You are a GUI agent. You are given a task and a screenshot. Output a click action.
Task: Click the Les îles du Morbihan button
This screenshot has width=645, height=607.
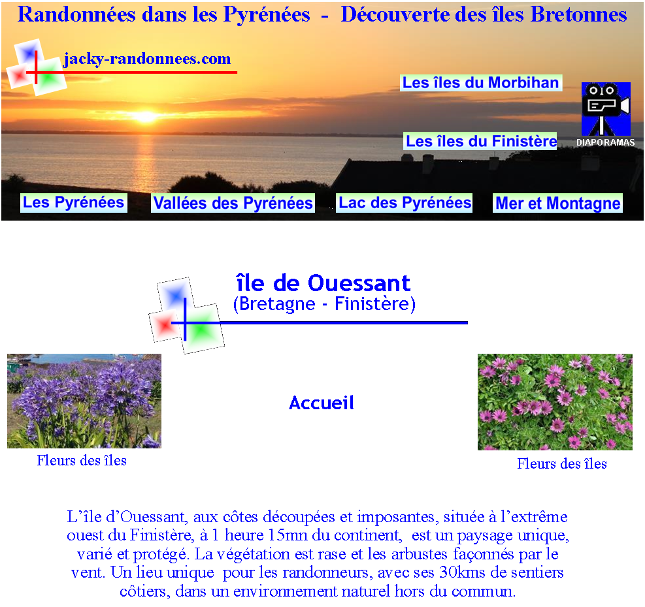481,83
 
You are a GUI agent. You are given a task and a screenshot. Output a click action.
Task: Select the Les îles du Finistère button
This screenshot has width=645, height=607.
480,141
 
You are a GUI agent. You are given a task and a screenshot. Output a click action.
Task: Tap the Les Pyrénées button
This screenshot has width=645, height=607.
74,202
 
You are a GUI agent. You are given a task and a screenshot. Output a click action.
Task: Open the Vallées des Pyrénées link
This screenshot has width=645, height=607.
233,203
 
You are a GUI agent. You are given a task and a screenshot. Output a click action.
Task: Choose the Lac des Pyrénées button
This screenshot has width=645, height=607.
405,203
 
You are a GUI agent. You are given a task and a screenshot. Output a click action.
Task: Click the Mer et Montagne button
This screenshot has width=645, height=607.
558,203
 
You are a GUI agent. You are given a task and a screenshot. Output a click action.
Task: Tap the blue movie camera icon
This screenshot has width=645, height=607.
606,109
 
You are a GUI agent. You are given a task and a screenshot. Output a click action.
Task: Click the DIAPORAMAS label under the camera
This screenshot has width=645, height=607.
606,142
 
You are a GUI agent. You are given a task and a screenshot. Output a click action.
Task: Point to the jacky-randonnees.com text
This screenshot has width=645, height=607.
147,59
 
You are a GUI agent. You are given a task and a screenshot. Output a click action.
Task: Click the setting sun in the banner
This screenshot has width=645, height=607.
146,117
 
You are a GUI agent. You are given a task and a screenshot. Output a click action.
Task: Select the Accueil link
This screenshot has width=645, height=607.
322,403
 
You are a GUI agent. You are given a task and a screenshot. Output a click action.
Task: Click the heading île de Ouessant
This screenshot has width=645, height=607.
323,283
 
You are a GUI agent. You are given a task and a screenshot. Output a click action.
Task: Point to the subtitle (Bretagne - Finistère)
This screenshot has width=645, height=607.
324,304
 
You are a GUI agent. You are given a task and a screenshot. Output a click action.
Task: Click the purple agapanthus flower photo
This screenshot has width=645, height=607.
84,401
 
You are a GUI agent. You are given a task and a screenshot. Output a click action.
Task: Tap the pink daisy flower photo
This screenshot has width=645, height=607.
555,402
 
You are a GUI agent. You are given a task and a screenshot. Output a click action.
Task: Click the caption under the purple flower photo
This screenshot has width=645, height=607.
82,461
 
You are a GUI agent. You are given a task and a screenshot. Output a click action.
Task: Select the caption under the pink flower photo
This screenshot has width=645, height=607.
562,464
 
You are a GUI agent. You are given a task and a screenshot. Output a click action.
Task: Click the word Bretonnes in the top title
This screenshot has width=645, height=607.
579,15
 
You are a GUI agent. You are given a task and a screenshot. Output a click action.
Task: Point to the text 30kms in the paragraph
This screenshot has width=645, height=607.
463,572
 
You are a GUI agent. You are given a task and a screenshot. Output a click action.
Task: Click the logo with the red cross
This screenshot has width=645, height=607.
37,68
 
